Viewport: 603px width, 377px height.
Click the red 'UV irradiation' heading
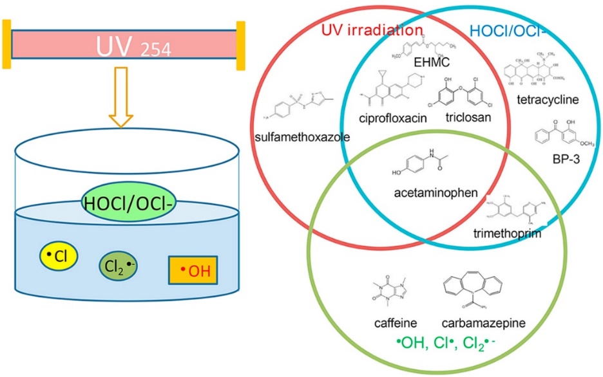[x=372, y=30]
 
